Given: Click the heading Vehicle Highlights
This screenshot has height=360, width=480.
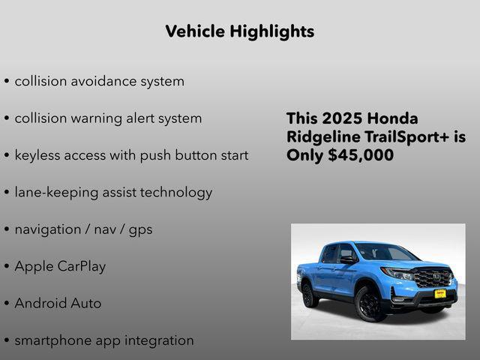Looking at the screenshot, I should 239,31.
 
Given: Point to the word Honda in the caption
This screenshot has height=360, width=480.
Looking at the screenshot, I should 394,119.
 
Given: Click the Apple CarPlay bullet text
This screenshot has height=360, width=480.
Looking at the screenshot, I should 60,266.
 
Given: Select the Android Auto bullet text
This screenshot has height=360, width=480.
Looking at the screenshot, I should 58,303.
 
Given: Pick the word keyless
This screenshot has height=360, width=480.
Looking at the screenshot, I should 38,155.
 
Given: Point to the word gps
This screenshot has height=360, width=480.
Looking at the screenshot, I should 140,229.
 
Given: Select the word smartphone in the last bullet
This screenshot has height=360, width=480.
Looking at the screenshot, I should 52,340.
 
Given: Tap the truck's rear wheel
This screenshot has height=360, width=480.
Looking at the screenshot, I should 308,293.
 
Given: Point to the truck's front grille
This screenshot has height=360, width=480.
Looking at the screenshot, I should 433,277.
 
